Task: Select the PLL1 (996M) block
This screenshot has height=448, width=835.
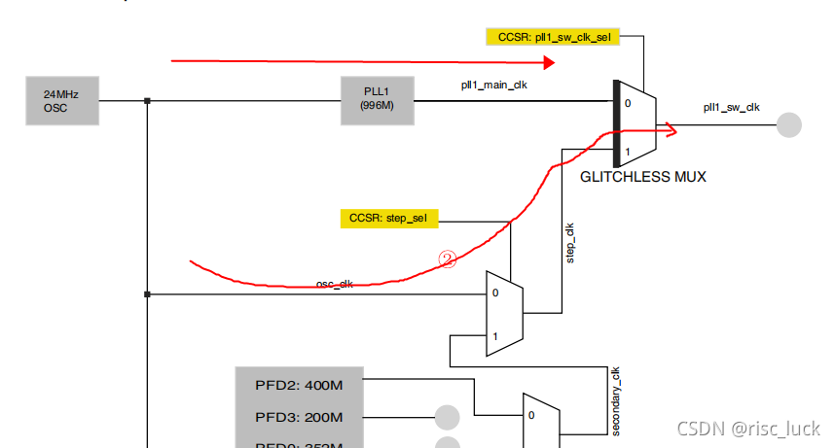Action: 377,100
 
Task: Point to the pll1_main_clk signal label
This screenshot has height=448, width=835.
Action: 494,85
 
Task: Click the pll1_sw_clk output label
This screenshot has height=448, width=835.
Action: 731,107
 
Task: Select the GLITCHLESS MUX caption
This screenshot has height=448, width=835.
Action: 642,177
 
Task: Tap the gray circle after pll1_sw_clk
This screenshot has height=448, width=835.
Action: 788,125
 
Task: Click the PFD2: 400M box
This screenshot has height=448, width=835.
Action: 299,385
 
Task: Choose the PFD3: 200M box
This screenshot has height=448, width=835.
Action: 299,418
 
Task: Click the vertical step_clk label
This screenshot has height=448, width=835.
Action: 570,243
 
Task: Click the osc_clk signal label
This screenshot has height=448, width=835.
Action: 334,284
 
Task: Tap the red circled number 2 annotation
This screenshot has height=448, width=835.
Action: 448,259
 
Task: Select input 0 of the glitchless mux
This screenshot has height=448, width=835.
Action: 628,102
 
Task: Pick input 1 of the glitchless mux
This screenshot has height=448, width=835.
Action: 628,152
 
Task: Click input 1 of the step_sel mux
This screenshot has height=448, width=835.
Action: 495,336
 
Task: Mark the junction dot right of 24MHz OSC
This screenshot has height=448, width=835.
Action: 147,101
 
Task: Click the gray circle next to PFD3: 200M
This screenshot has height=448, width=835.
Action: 447,417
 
